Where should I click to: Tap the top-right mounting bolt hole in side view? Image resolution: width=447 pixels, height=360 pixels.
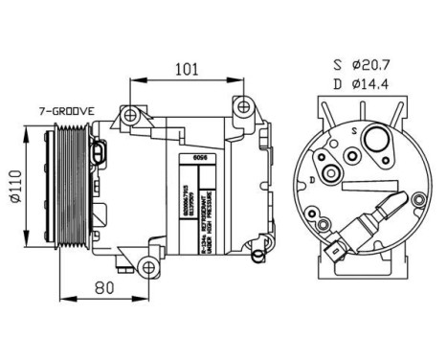coord(244,106)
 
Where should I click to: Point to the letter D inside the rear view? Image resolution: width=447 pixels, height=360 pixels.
coord(312,179)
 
